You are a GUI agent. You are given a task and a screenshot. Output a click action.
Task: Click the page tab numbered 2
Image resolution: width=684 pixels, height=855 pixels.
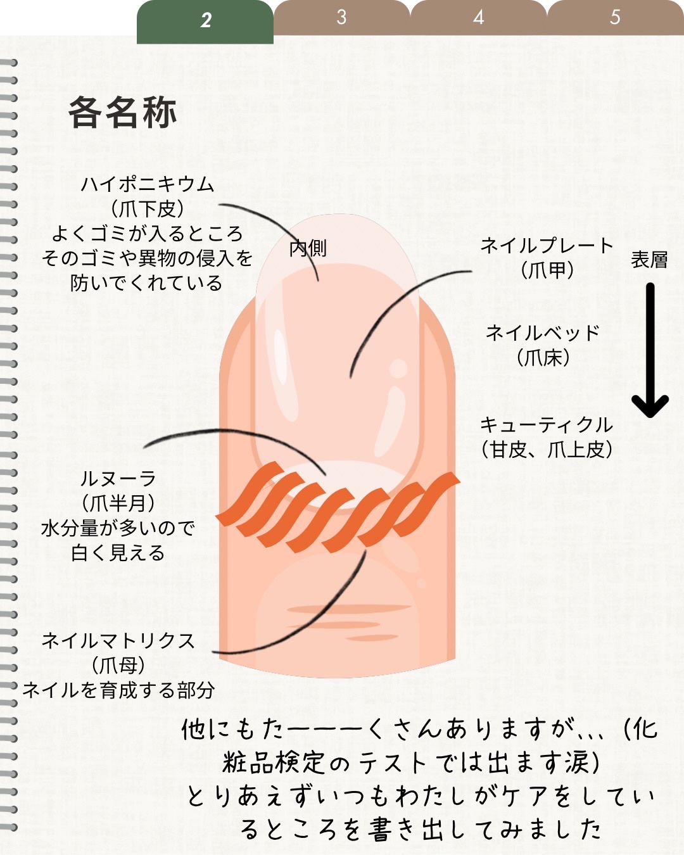tap(205, 20)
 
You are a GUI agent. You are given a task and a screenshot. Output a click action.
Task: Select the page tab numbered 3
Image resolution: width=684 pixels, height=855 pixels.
tap(341, 17)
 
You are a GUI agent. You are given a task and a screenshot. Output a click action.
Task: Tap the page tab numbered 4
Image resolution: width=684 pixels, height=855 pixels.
tap(478, 17)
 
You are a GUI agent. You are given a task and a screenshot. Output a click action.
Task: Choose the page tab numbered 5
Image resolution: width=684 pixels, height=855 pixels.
tap(614, 17)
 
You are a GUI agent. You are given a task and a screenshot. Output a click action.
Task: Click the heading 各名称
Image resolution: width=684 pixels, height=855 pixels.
tap(122, 113)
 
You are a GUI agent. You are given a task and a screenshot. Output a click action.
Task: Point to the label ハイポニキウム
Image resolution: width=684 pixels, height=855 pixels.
tap(148, 184)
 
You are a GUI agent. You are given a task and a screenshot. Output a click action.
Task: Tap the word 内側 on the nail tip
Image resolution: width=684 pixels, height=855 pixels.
tap(308, 248)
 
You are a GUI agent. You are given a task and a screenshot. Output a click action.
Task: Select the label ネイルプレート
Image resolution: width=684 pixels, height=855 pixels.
tap(547, 245)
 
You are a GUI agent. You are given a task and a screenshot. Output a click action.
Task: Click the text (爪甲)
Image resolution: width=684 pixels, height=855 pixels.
tap(547, 270)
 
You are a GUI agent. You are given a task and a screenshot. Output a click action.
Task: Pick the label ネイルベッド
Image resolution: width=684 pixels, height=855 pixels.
tap(543, 332)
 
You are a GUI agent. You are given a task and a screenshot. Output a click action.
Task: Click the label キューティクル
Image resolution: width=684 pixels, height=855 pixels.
tap(547, 424)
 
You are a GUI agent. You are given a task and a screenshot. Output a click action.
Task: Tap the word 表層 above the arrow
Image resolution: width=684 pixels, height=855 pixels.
tap(649, 260)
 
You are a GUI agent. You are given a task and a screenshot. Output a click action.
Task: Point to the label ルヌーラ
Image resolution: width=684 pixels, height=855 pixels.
tap(118, 479)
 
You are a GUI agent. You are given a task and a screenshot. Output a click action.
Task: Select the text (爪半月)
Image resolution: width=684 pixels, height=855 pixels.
tap(118, 503)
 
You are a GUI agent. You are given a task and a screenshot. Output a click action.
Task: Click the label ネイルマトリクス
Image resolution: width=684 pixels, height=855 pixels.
tap(118, 641)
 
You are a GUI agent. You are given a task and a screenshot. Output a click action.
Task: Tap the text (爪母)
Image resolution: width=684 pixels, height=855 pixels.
tap(118, 666)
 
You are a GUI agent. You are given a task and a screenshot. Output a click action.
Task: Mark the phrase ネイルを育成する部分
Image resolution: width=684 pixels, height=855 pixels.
tap(118, 690)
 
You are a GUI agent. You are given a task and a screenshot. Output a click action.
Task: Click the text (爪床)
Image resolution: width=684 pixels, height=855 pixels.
tap(543, 358)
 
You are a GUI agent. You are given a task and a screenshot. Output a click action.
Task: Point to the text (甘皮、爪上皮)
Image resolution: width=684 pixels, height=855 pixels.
tap(547, 450)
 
